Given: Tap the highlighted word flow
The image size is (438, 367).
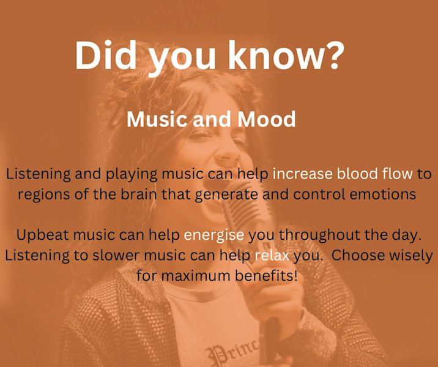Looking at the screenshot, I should click(x=398, y=174).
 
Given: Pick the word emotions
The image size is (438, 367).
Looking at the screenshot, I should click(x=379, y=195).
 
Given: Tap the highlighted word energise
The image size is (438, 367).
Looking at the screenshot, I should click(x=214, y=235).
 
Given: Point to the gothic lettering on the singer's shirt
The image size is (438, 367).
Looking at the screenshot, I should click(x=232, y=354).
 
